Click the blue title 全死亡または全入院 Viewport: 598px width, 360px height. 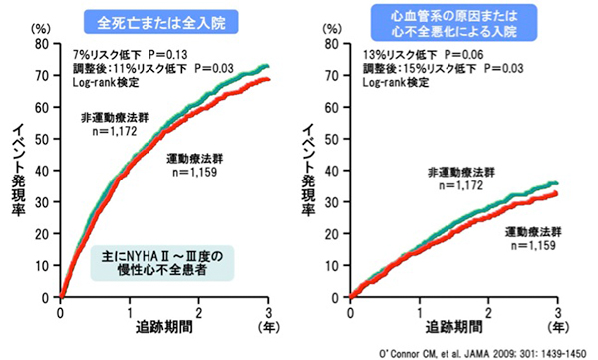tap(160, 22)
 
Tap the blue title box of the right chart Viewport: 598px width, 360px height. tap(453, 23)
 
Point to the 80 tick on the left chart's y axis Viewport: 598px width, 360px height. tap(42, 44)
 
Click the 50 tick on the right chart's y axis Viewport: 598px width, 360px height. tap(331, 139)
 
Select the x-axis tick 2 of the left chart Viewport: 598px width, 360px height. tap(198, 313)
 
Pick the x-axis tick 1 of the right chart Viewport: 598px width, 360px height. tap(420, 313)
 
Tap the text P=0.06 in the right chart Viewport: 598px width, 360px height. tap(463, 55)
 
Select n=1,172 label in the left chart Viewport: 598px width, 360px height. tap(114, 131)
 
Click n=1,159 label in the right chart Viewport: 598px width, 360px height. tap(533, 245)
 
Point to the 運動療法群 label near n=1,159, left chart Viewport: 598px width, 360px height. tap(195, 158)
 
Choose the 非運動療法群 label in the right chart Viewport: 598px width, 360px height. tap(461, 173)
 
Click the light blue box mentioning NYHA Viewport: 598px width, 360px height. tap(162, 263)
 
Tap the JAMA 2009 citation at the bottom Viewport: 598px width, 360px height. tap(482, 353)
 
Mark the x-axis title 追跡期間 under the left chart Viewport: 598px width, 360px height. tap(164, 327)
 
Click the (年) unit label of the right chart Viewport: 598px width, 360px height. tap(558, 327)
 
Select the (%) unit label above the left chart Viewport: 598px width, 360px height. tap(41, 28)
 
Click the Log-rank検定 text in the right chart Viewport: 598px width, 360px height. tap(396, 82)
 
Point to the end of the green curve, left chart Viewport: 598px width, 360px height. tap(268, 66)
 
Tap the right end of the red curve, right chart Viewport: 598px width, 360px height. tap(557, 193)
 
